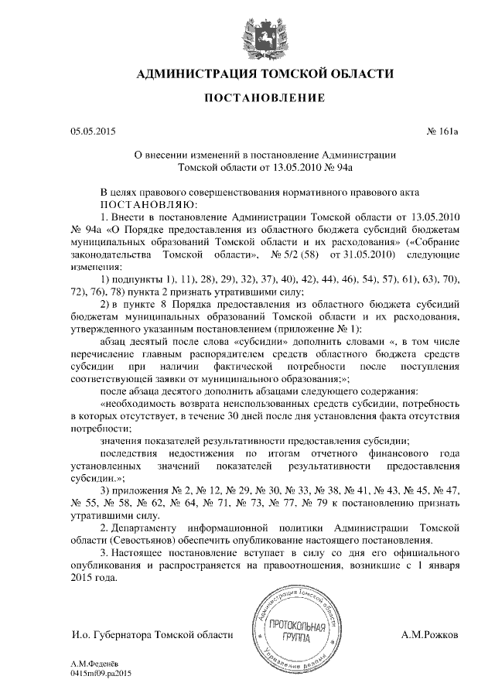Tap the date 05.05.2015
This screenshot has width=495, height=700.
(x=92, y=131)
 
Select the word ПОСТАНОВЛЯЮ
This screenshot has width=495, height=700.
(x=139, y=205)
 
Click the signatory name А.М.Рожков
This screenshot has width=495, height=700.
(x=431, y=634)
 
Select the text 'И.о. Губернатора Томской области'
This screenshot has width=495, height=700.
(x=152, y=634)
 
